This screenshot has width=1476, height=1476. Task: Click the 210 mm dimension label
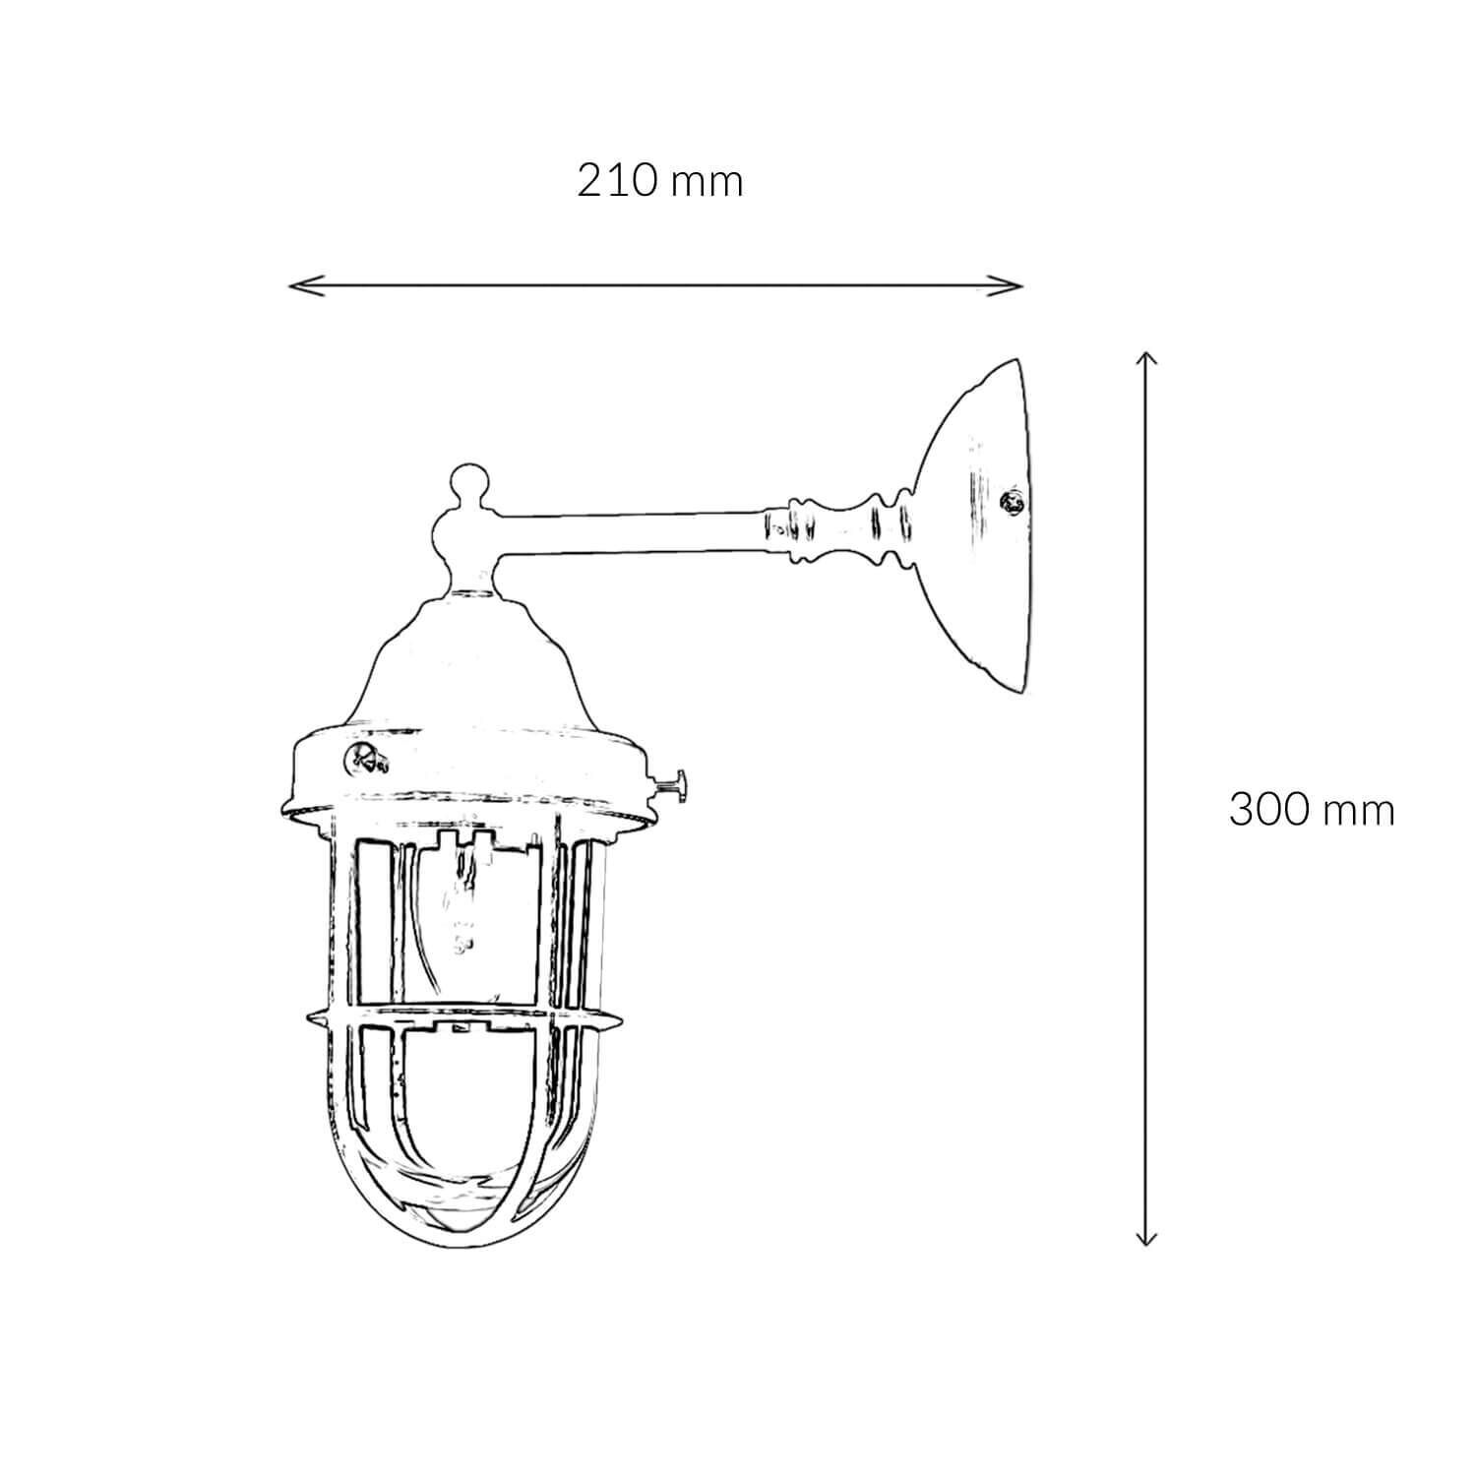click(x=659, y=182)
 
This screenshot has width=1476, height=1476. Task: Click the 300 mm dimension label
click(x=1311, y=811)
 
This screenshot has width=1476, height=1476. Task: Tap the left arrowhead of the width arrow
click(x=294, y=285)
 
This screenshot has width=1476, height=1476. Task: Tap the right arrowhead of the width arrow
click(x=1017, y=285)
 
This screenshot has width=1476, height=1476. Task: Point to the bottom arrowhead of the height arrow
click(x=1144, y=1241)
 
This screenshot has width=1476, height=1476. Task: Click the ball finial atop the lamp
click(x=469, y=485)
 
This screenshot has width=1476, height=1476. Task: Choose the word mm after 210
click(x=707, y=184)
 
